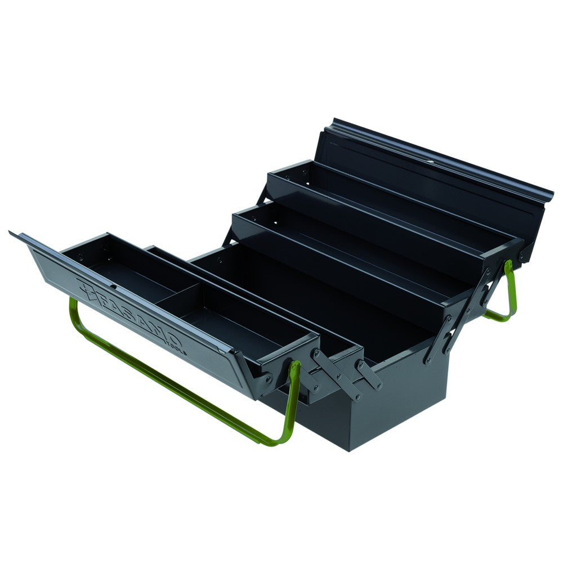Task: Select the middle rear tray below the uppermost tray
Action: [349, 242]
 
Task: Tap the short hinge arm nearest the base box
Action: [368, 374]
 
